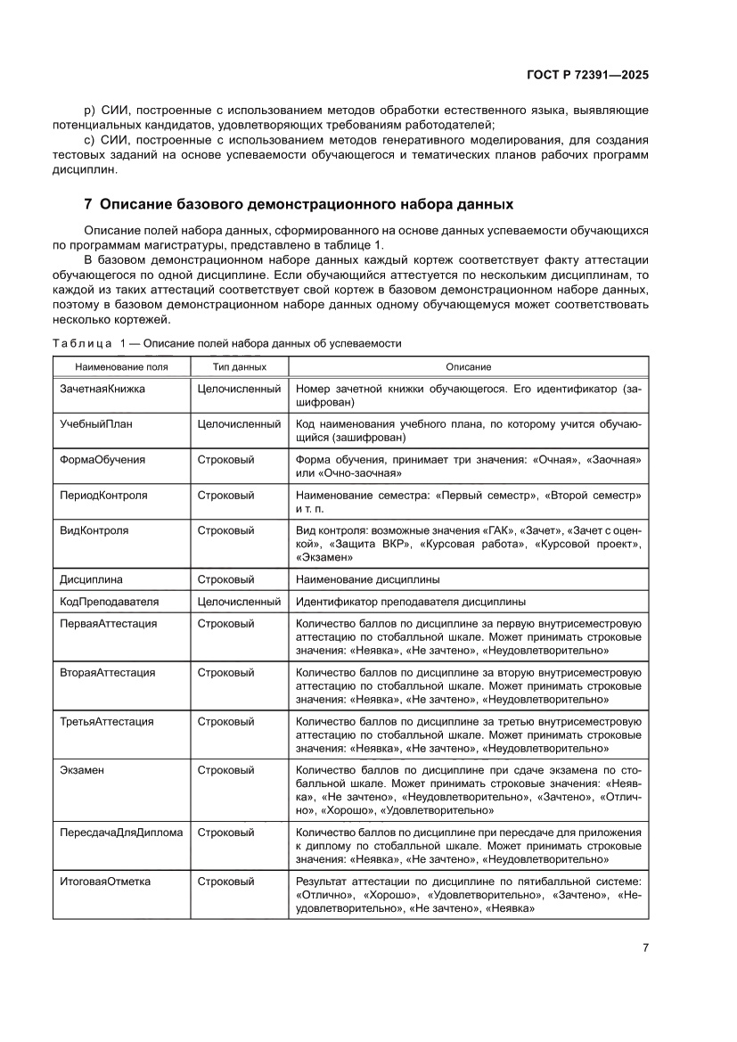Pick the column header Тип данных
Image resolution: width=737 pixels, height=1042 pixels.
pyautogui.click(x=238, y=367)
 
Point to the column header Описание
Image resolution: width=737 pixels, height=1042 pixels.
pyautogui.click(x=468, y=367)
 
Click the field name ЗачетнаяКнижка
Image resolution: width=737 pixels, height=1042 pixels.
pyautogui.click(x=102, y=390)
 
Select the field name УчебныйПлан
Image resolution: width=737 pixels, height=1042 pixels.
pyautogui.click(x=96, y=424)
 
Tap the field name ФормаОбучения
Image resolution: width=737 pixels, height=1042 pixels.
pyautogui.click(x=102, y=459)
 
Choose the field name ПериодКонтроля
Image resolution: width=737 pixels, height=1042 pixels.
pyautogui.click(x=104, y=494)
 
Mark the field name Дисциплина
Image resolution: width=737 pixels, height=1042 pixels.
pyautogui.click(x=92, y=578)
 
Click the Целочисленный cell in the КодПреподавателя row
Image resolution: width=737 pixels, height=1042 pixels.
pyautogui.click(x=239, y=601)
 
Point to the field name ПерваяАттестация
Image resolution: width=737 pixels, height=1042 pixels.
pyautogui.click(x=109, y=624)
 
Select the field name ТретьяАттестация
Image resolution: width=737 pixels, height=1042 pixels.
pyautogui.click(x=107, y=721)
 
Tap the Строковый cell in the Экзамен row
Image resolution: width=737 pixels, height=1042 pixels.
pyautogui.click(x=225, y=769)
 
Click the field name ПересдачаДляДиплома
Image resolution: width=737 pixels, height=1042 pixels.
pyautogui.click(x=121, y=833)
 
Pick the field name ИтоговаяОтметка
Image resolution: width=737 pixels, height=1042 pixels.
pyautogui.click(x=105, y=882)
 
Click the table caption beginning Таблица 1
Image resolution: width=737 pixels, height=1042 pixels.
pyautogui.click(x=227, y=343)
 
